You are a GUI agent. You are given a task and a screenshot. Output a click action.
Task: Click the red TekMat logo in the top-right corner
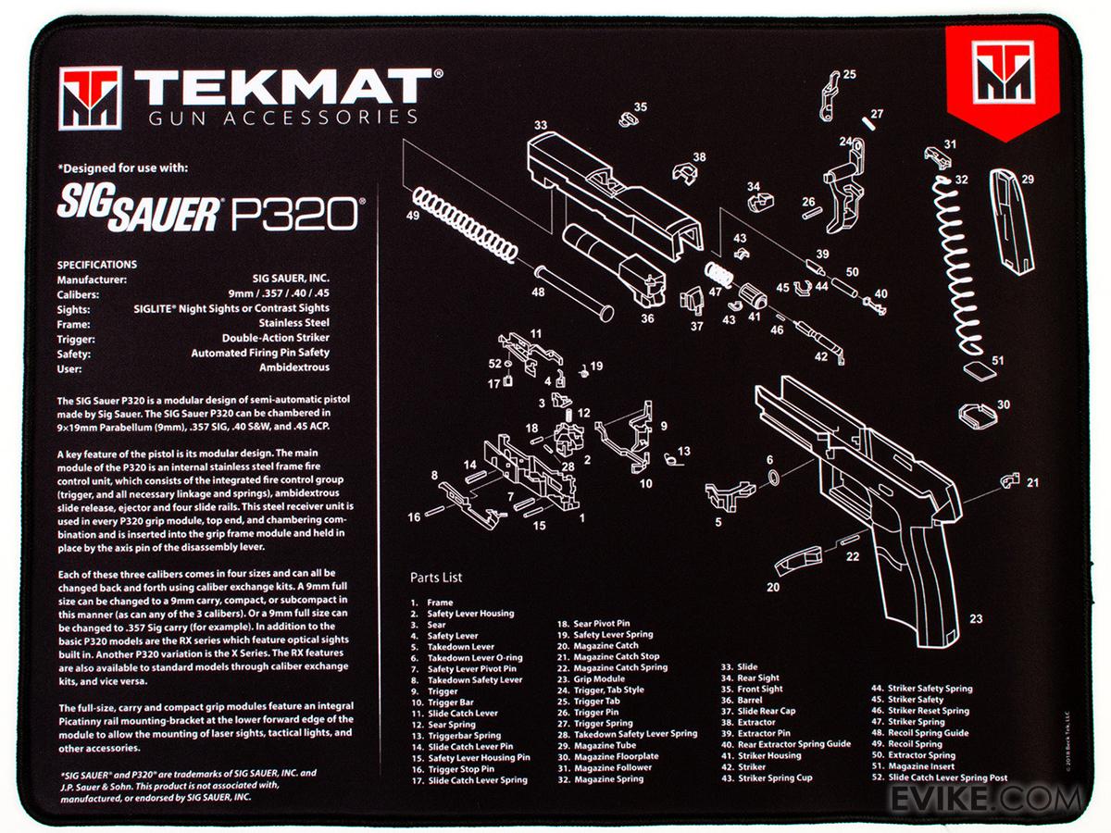click(x=1002, y=81)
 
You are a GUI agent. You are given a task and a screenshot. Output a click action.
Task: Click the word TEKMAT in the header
click(x=284, y=87)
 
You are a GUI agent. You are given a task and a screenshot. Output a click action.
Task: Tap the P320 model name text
click(x=295, y=214)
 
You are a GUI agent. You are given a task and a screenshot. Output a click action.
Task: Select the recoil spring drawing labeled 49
click(x=465, y=225)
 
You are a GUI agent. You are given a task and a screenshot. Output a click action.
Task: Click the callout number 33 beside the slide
click(x=541, y=125)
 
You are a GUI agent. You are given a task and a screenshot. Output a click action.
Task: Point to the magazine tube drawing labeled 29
click(x=1011, y=221)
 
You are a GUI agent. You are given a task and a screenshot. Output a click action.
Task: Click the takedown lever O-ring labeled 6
click(x=774, y=478)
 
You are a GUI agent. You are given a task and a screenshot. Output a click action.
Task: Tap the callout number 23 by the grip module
click(x=975, y=618)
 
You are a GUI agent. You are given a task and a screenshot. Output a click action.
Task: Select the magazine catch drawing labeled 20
click(x=799, y=561)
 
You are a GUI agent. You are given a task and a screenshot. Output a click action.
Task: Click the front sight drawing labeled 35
click(x=628, y=119)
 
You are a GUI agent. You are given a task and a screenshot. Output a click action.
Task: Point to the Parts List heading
click(x=436, y=577)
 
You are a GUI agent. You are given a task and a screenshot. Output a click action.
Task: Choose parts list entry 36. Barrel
click(x=742, y=700)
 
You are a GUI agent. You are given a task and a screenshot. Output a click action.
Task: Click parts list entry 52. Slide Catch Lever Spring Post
click(x=940, y=777)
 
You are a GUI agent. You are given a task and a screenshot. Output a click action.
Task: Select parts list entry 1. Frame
click(x=431, y=603)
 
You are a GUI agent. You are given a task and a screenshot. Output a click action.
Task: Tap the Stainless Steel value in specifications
click(x=294, y=323)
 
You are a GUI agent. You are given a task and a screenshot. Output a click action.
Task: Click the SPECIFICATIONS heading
click(x=96, y=265)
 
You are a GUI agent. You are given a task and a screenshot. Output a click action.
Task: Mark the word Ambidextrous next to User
click(x=294, y=367)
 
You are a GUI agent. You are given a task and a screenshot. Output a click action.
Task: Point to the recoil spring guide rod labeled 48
click(x=573, y=292)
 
